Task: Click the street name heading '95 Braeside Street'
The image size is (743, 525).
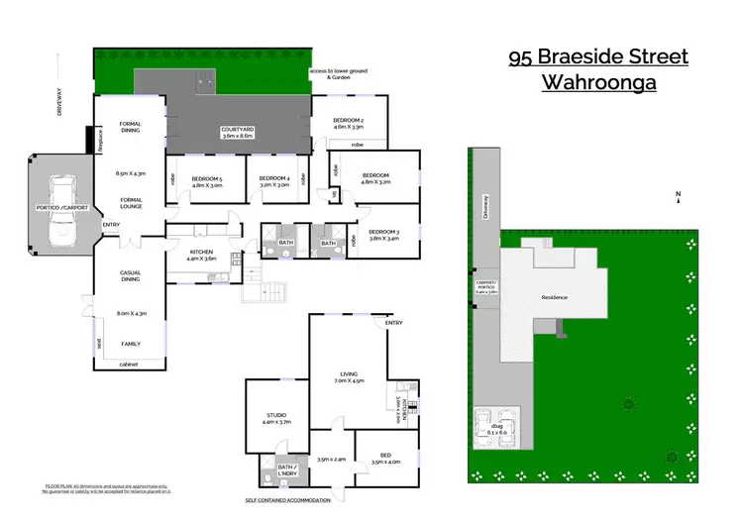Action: [597, 56]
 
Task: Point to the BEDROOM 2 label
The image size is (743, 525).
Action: [348, 121]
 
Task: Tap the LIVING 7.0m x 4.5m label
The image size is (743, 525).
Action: [350, 373]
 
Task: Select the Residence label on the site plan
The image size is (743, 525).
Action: [554, 297]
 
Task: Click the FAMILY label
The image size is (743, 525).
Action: [131, 344]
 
